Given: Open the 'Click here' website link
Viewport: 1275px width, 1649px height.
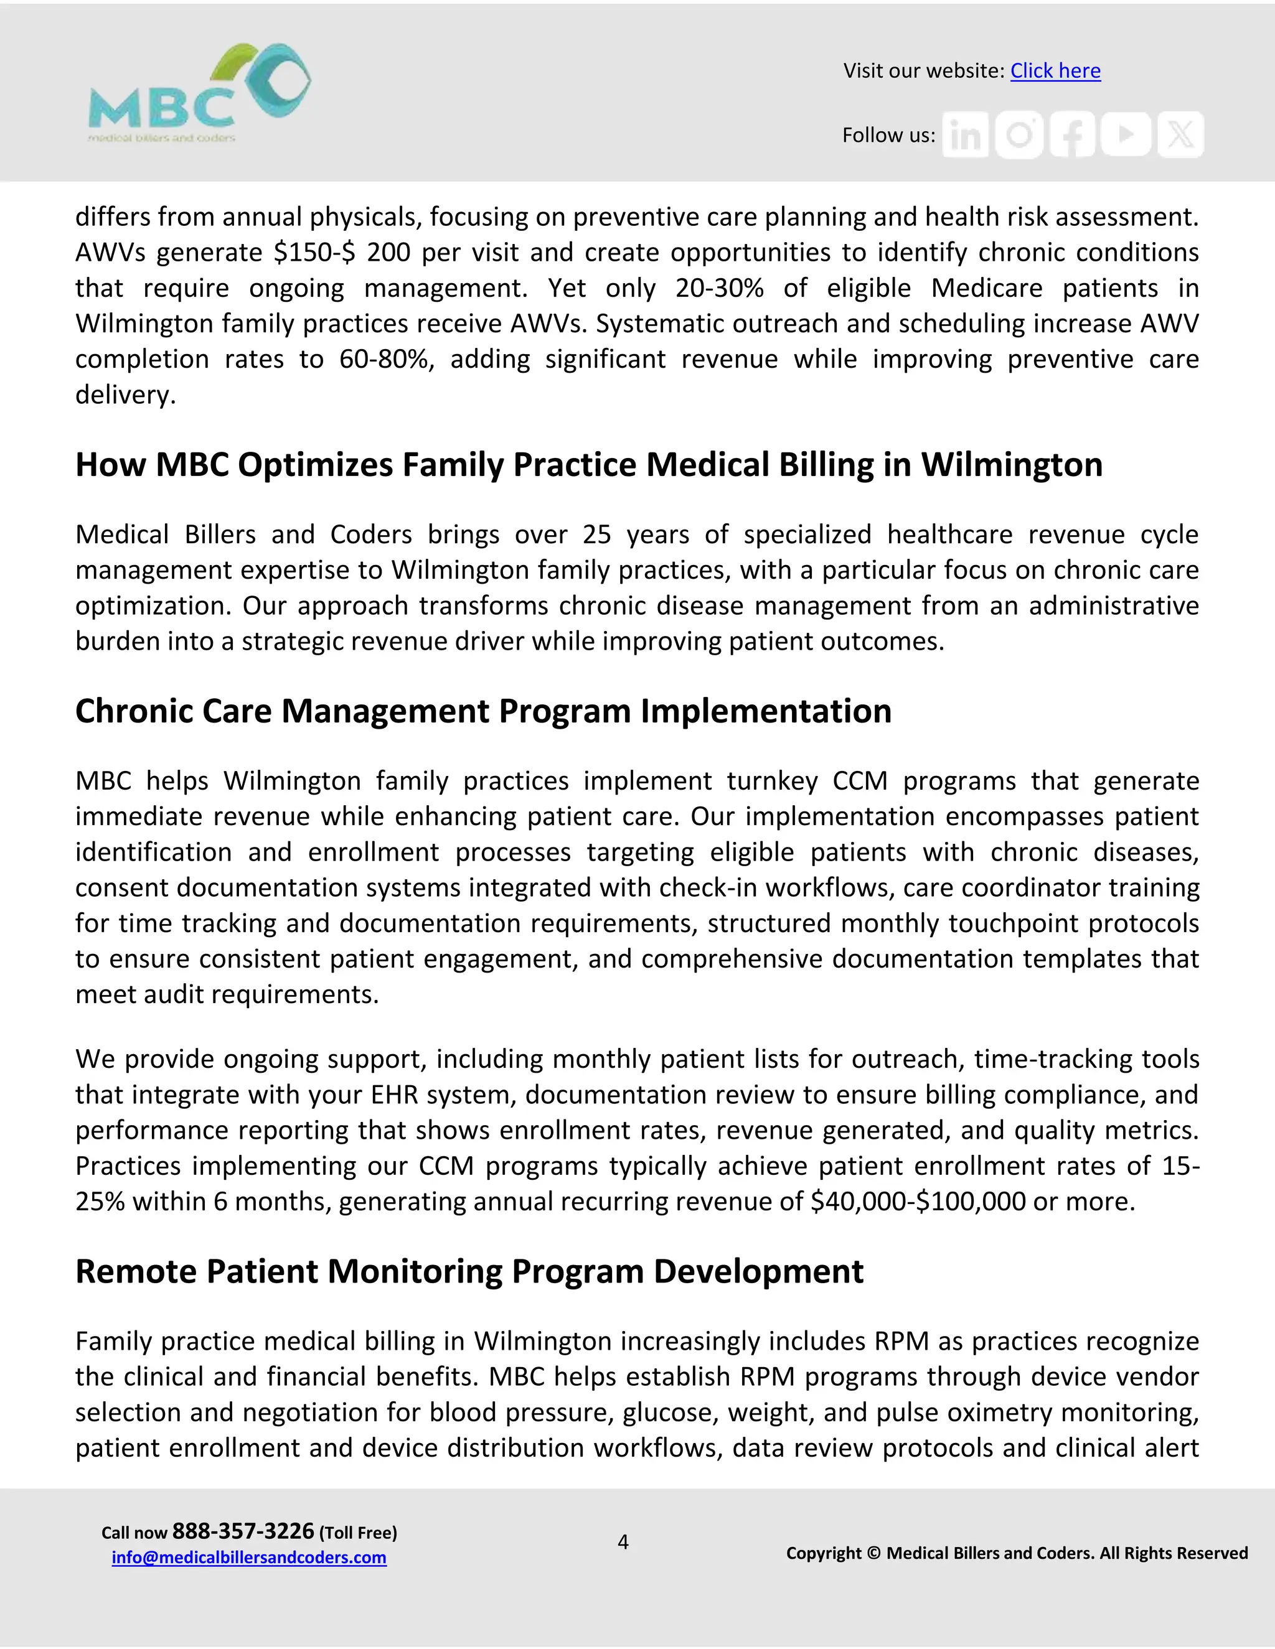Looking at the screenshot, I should point(1055,70).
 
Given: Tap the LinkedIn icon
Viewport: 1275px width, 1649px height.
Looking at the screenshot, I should point(964,135).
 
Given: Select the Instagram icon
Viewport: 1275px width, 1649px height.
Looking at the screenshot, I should point(1019,135).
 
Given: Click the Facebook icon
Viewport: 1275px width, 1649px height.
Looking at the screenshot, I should point(1073,135).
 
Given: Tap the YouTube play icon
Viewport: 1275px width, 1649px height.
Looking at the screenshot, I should point(1126,134).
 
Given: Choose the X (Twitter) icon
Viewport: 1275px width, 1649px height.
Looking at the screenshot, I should point(1180,135).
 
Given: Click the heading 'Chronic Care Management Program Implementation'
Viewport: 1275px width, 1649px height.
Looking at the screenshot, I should point(482,711).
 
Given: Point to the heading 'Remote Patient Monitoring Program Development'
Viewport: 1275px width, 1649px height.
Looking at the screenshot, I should point(468,1271).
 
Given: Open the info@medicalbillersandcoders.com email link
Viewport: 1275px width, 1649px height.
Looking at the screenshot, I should point(248,1557).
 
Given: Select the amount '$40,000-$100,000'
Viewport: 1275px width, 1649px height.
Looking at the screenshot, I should point(917,1201).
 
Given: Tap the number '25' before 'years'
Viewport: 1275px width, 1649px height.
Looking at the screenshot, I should point(596,535).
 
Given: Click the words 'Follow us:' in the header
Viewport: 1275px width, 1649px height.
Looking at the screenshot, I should point(888,135).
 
